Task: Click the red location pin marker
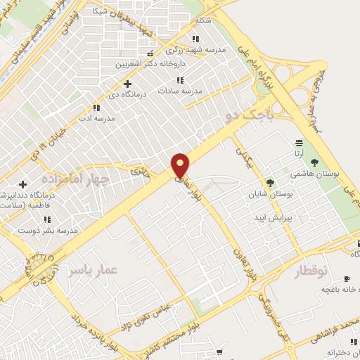pos(181,166)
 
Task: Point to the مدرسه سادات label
pos(179,91)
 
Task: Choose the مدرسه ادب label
pos(96,118)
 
